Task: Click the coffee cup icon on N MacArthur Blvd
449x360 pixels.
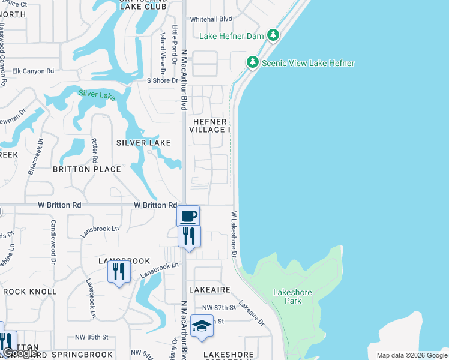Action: (188, 215)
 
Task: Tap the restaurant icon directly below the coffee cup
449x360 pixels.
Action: (189, 235)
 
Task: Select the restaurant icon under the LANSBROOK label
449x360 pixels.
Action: (119, 272)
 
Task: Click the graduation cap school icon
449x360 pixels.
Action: (202, 326)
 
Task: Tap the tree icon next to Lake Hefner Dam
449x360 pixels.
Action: (273, 35)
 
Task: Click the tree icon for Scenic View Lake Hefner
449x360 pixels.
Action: (253, 62)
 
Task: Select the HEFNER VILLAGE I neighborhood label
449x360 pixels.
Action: (210, 125)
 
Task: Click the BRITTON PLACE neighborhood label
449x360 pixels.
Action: (87, 169)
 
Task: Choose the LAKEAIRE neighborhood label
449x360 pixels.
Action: (209, 289)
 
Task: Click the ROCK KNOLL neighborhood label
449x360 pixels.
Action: (30, 292)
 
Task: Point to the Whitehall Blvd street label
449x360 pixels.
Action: (211, 19)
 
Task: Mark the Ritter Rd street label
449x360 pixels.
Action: (94, 151)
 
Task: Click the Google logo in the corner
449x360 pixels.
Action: (20, 353)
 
